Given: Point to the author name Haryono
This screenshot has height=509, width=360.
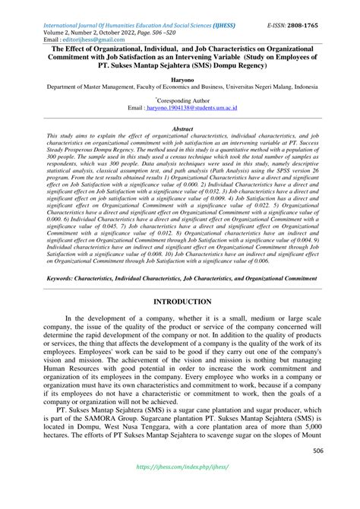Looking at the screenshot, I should coord(180,78).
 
